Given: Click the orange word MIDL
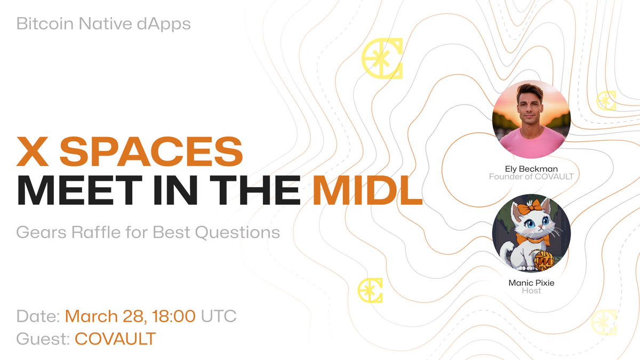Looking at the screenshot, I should [367, 191].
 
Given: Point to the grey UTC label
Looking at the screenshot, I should [219, 316].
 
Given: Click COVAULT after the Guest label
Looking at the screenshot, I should [115, 339].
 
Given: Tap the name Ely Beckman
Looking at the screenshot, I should [531, 167].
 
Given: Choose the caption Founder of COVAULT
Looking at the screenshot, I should [531, 176].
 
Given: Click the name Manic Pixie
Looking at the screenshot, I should [531, 282].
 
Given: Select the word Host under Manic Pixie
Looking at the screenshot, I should [531, 291].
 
